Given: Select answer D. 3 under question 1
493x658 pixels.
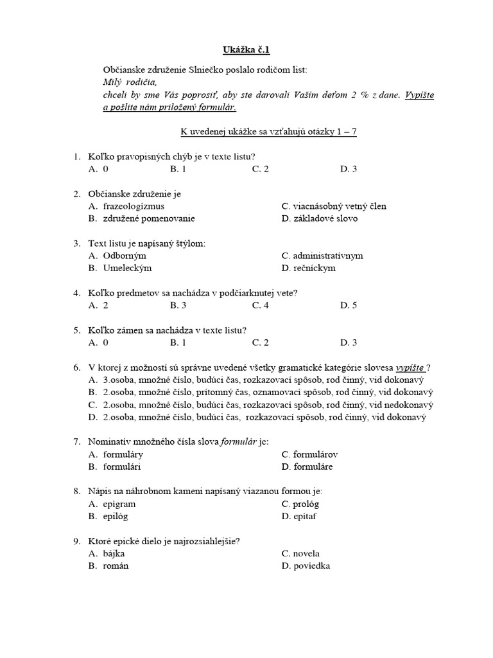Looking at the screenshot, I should click(349, 168).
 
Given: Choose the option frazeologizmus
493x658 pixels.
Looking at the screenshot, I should click(134, 206).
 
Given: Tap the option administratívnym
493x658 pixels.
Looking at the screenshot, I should click(328, 256).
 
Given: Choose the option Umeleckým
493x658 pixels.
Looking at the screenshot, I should click(127, 268).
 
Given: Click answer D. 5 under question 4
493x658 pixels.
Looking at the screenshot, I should click(349, 305).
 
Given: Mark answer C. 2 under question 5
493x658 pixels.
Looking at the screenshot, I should click(260, 342).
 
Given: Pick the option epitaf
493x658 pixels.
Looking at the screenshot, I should click(304, 516).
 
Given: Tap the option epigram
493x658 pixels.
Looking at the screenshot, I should click(119, 504).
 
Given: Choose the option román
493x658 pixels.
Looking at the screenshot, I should click(116, 566).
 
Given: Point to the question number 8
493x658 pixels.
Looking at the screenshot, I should click(76, 491).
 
